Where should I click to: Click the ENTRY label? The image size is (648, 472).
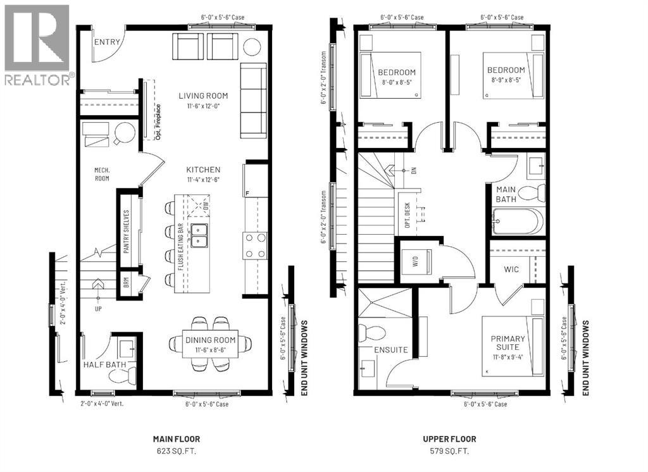coord(106,42)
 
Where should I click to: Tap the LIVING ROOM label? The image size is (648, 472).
coord(202,96)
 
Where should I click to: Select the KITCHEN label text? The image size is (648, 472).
coord(202,170)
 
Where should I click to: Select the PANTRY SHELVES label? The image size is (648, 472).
coord(127,232)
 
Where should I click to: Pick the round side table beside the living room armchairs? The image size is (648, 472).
coord(251,47)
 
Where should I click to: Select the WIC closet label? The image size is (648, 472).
coord(511,270)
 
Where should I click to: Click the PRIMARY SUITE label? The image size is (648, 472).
coord(508,343)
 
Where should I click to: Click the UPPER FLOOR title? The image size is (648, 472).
coord(449,438)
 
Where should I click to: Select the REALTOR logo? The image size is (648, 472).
coord(37,44)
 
